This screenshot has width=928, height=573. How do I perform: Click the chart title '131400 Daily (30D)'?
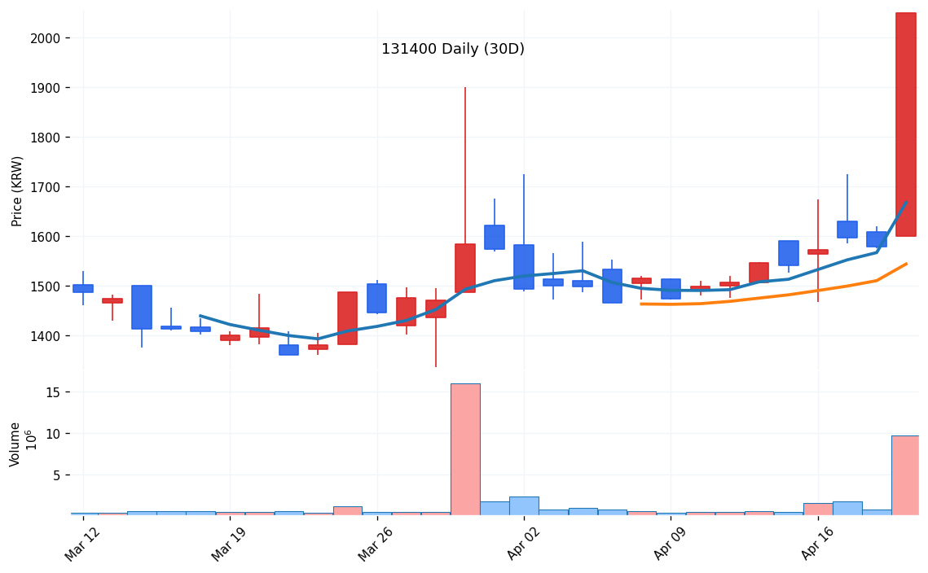coord(452,50)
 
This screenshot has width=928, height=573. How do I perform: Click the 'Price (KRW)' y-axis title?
coord(17,190)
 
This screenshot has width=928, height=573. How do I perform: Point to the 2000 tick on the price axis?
coord(46,38)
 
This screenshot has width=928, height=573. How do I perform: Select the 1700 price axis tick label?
coord(46,187)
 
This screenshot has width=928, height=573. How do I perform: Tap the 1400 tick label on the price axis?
coord(46,336)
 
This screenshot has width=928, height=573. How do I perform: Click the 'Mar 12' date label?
coord(81,543)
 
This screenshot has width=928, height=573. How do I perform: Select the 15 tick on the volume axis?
coord(53,392)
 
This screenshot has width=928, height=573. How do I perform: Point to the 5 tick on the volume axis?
coord(56,475)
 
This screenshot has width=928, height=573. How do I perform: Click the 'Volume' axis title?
coord(15,444)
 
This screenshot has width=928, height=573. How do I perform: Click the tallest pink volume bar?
coord(465,448)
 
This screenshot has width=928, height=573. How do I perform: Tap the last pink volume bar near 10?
coord(905,475)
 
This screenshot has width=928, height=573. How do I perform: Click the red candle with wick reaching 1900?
coord(465,268)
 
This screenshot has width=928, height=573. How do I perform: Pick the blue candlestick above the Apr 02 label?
coord(524,266)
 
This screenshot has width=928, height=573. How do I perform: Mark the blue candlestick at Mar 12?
coord(83,288)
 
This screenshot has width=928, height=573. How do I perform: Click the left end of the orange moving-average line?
coord(641,304)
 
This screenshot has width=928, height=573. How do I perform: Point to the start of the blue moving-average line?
coord(200,316)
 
